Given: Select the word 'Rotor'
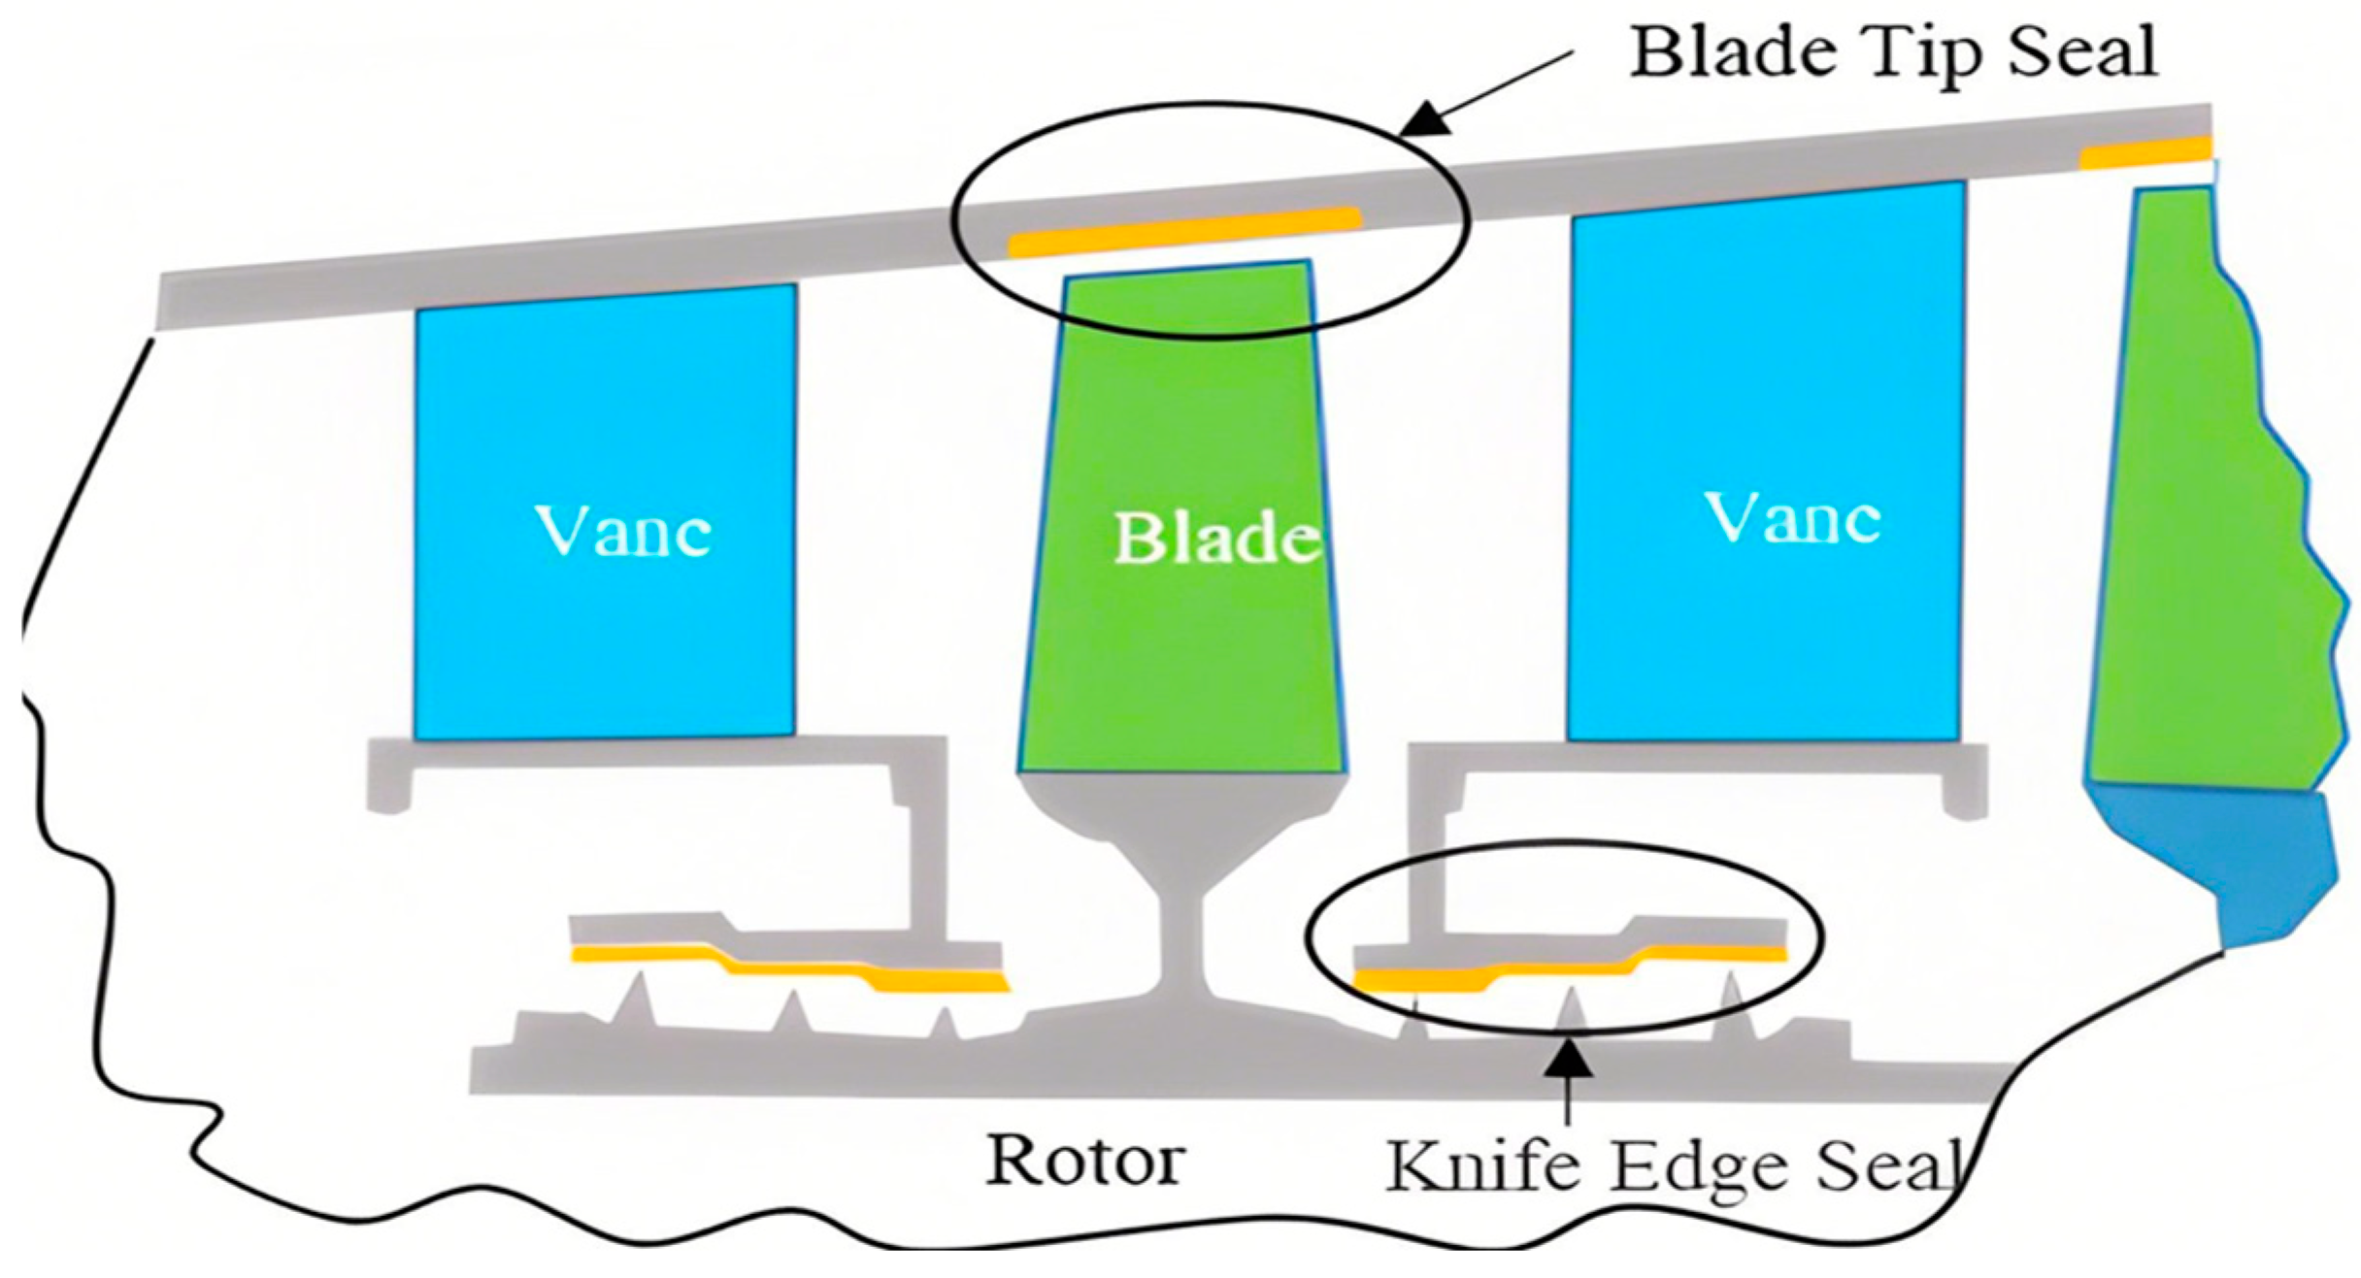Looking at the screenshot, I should coord(1084,1160).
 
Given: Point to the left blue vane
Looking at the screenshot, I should coord(605,631).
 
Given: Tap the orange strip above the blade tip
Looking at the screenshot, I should coord(1184,232).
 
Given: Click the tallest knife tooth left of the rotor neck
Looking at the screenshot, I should coord(638,999).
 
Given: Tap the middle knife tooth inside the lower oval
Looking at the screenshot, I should coord(1571,1014).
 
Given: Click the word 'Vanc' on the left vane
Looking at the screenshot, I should coord(623,532).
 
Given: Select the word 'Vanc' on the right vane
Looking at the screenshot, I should coord(1793,519).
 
